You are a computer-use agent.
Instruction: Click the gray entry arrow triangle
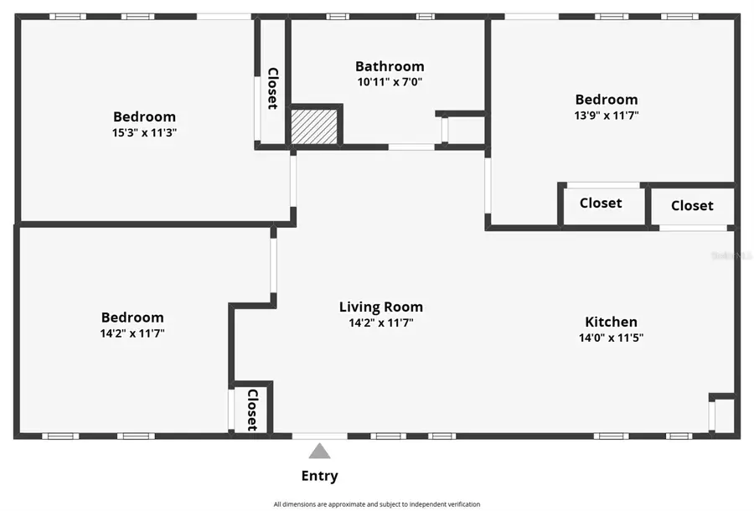pos(319,452)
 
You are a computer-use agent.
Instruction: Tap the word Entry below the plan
pos(319,476)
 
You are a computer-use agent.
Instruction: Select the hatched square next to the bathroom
pos(314,126)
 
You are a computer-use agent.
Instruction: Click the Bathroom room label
pos(390,66)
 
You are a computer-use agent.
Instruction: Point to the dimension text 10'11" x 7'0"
pos(390,82)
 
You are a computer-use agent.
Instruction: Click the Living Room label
pos(381,307)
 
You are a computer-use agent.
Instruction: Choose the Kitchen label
pos(612,322)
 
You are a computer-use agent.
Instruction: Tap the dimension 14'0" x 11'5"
pos(612,338)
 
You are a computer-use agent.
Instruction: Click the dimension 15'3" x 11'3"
pos(144,132)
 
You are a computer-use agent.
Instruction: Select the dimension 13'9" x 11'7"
pos(607,116)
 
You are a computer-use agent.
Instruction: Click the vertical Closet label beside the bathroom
pos(272,88)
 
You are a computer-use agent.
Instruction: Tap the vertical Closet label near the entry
pos(252,410)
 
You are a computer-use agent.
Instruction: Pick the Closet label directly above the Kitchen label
pos(601,203)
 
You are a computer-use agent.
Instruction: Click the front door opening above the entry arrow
pos(320,436)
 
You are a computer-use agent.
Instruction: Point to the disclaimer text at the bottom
pos(376,504)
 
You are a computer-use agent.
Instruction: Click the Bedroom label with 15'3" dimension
pos(144,116)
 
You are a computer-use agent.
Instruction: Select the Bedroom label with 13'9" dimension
pos(607,100)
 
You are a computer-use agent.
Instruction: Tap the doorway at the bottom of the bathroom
pos(411,147)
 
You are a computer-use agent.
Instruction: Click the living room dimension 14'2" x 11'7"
pos(381,323)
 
